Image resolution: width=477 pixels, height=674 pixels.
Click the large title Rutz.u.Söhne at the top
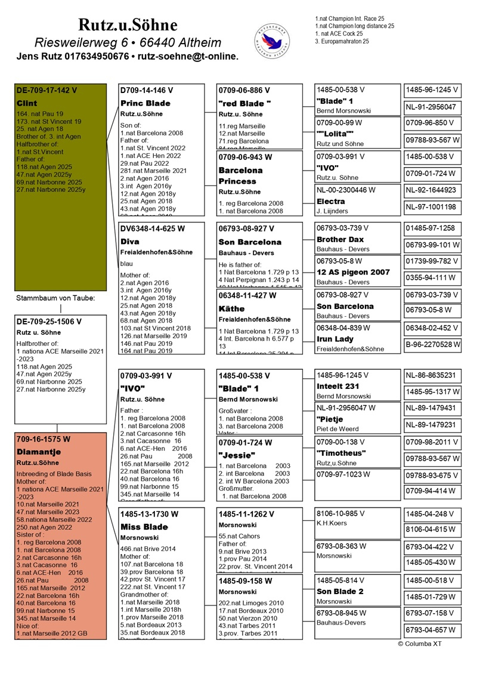pyautogui.click(x=128, y=24)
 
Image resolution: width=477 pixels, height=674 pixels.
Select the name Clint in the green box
pyautogui.click(x=27, y=103)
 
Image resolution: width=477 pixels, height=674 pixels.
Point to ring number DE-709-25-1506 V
pyautogui.click(x=49, y=321)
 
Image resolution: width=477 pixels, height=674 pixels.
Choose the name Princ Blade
pyautogui.click(x=145, y=103)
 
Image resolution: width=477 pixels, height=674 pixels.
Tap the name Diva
pyautogui.click(x=129, y=242)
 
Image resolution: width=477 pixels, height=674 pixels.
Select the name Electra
pyautogui.click(x=331, y=202)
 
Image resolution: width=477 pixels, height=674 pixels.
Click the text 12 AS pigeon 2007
pyautogui.click(x=353, y=272)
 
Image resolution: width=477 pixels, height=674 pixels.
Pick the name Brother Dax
pyautogui.click(x=340, y=239)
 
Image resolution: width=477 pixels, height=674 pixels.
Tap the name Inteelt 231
pyautogui.click(x=338, y=386)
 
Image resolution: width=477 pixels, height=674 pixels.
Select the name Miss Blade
pyautogui.click(x=144, y=527)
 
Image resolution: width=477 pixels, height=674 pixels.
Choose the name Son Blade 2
pyautogui.click(x=340, y=591)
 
